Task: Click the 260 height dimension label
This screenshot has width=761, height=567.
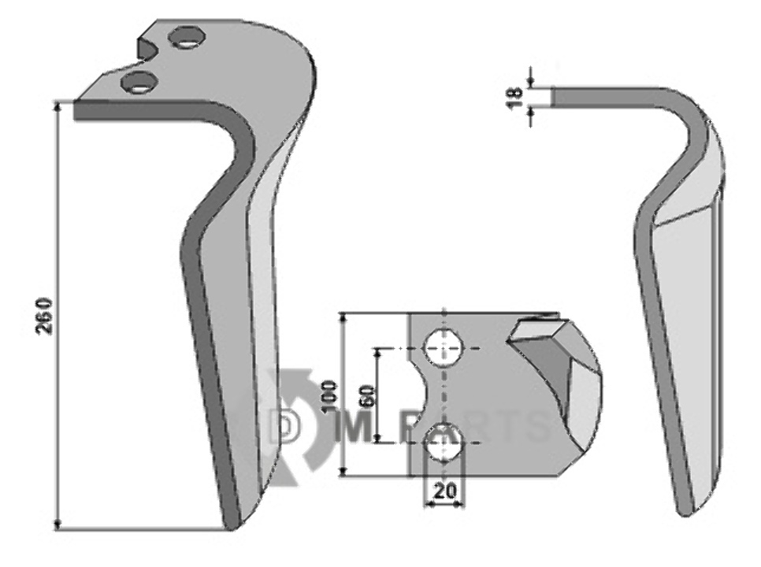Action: coord(44,315)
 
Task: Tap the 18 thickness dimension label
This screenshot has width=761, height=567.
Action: coord(515,97)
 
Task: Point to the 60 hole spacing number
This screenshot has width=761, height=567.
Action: coord(367,396)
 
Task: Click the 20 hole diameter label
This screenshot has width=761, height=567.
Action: coord(444,492)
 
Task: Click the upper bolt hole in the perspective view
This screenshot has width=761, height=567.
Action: coord(187,38)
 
